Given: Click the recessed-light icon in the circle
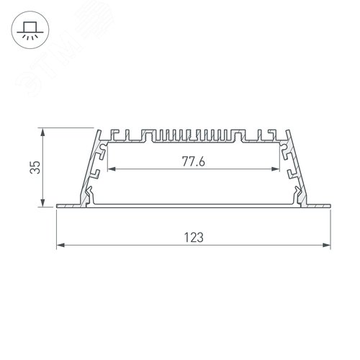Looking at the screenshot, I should pyautogui.click(x=30, y=31).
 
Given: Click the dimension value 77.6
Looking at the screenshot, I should pyautogui.click(x=193, y=161).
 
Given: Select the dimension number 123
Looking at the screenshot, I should pyautogui.click(x=193, y=236).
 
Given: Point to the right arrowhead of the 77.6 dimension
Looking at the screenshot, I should pyautogui.click(x=278, y=170).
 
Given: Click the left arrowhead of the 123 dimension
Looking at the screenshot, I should pyautogui.click(x=59, y=246).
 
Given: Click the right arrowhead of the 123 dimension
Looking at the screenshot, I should pyautogui.click(x=328, y=246).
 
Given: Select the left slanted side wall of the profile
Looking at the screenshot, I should pyautogui.click(x=91, y=169).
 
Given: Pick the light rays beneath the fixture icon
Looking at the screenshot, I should pyautogui.click(x=30, y=37).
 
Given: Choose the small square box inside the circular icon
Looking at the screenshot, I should pyautogui.click(x=30, y=27).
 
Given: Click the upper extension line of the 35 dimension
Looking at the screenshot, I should pyautogui.click(x=68, y=129).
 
